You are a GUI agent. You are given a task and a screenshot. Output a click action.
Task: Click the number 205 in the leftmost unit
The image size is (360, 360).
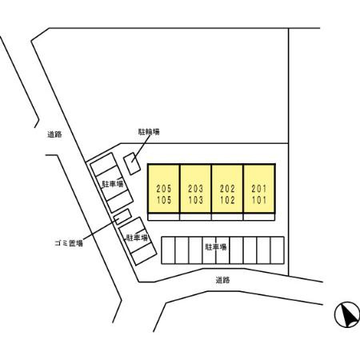164,189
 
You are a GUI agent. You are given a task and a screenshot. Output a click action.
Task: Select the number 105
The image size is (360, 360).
164,200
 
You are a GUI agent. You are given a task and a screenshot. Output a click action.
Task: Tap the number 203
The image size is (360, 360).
195,189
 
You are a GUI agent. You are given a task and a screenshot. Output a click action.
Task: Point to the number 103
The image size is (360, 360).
195,200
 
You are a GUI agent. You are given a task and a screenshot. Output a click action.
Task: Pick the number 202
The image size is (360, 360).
227,189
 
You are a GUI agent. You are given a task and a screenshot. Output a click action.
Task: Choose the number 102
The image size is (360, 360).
227,200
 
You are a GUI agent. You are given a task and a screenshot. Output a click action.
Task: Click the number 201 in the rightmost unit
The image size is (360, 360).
259,189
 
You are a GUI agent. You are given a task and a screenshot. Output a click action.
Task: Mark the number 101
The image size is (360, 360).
259,200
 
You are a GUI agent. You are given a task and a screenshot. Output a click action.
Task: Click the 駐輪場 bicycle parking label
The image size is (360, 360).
149,132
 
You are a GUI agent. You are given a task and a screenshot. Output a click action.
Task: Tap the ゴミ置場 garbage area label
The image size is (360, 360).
69,243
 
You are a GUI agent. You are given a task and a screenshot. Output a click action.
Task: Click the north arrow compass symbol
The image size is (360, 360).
346,314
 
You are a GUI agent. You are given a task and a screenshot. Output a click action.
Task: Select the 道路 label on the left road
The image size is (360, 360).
54,134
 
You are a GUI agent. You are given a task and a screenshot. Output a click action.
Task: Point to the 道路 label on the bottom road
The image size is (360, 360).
222,280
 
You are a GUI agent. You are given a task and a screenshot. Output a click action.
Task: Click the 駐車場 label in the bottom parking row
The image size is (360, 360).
216,247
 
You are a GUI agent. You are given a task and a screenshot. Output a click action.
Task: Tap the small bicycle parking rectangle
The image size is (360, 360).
132,164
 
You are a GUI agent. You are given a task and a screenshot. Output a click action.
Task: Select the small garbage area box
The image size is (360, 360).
122,217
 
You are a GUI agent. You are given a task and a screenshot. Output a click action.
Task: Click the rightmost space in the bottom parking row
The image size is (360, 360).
277,250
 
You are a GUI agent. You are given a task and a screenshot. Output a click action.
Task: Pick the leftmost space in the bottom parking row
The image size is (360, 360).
168,250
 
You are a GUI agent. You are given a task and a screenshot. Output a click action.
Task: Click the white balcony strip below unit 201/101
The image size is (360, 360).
259,217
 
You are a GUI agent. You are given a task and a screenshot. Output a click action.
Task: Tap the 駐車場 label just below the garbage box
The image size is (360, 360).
137,238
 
